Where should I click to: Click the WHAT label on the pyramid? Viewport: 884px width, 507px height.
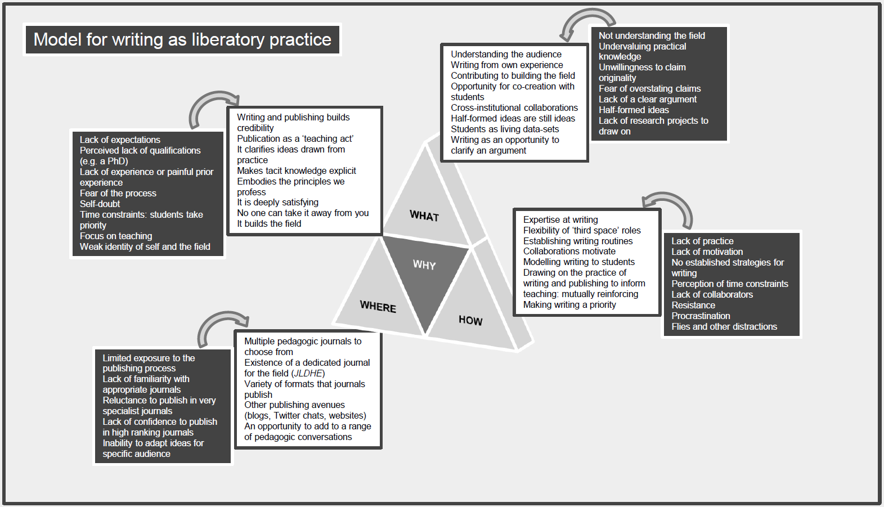tap(424, 216)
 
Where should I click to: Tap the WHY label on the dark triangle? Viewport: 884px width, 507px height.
tap(424, 264)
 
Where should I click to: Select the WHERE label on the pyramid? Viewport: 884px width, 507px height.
tap(378, 307)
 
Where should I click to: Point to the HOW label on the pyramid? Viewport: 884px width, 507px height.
tap(470, 320)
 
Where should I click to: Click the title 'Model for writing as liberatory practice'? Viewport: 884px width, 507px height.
tap(182, 39)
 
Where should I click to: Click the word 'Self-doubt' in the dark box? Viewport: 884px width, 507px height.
tap(100, 204)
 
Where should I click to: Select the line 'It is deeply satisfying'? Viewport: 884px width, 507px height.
tap(278, 202)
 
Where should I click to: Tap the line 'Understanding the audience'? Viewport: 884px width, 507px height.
tap(506, 54)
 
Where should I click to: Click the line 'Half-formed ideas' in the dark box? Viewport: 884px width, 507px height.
tap(634, 110)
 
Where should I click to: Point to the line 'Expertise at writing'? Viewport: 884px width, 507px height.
tap(560, 219)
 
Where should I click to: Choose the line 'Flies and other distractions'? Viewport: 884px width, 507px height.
tap(724, 326)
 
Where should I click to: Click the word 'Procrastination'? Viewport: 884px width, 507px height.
tap(701, 316)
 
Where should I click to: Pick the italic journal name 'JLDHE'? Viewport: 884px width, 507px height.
tap(308, 373)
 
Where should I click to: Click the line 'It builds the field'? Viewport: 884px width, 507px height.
tap(269, 223)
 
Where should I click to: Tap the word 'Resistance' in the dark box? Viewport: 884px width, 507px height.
tap(693, 305)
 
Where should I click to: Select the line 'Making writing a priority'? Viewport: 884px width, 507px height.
tap(569, 304)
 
